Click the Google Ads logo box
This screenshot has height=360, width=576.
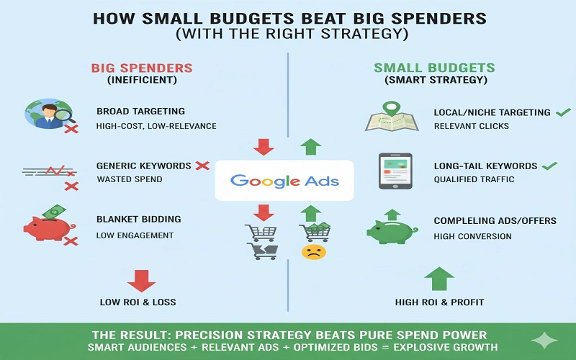pos(287,180)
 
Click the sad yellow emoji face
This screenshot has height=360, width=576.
pos(312,252)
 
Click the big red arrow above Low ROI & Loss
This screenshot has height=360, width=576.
pos(141,279)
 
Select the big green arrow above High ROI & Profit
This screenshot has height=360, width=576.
pos(439,279)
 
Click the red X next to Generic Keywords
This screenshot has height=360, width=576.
pos(202,166)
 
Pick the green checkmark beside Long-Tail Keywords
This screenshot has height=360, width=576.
pos(549,166)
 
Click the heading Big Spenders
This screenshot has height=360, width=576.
pos(142,68)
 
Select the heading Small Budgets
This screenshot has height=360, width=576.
pos(434,68)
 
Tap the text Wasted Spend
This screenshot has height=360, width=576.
pos(129,179)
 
